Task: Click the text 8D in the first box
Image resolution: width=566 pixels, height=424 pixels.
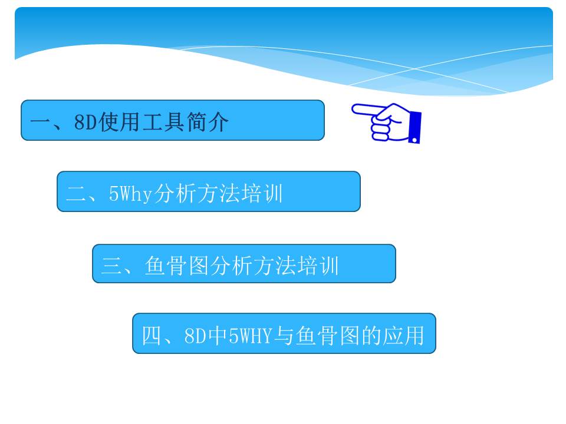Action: pos(85,122)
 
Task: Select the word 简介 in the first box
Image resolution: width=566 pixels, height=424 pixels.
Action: pos(208,122)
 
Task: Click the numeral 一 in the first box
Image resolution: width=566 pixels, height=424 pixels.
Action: pos(40,122)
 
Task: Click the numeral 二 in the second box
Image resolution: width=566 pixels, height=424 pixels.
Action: pos(76,194)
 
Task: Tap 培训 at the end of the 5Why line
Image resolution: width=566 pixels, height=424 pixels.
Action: pos(262,193)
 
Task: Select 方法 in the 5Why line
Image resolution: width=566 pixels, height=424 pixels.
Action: pos(219,193)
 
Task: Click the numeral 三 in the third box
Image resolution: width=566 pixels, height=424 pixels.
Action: pos(111,266)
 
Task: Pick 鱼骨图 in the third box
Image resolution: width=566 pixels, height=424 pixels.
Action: pos(177,266)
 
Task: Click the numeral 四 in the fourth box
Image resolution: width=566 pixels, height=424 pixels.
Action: pos(152,335)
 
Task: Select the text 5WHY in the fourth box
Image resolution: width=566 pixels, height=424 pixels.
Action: pos(251,336)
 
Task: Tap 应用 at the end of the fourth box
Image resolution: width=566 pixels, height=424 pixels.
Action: pos(403,335)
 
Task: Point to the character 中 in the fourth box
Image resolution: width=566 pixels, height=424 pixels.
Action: pos(218,335)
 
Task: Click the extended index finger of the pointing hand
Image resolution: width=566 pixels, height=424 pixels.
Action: pos(366,110)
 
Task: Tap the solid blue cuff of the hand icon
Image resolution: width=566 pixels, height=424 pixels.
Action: pos(415,127)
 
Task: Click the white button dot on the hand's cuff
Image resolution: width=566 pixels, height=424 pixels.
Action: pos(414,140)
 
